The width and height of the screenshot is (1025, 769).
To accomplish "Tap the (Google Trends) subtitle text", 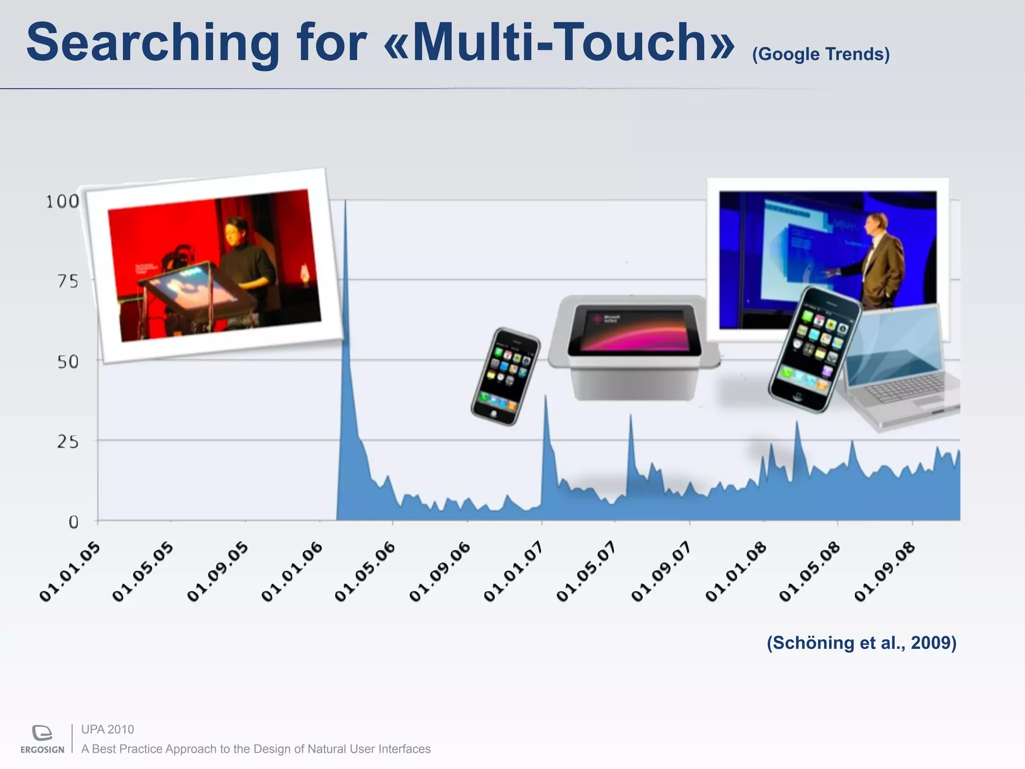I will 821,54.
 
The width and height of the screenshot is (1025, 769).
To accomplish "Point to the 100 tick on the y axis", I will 63,202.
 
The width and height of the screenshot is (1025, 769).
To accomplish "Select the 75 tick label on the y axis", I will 68,282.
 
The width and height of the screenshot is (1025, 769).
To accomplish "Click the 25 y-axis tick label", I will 68,442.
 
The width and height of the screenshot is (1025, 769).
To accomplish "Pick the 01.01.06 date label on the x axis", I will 292,572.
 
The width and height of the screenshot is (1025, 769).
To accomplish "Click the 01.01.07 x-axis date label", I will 514,572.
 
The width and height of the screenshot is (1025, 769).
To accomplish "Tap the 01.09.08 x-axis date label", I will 884,572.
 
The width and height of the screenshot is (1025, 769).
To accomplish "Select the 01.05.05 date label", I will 143,572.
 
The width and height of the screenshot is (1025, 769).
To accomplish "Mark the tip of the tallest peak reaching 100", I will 345,201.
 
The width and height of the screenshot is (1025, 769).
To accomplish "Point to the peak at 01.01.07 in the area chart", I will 546,397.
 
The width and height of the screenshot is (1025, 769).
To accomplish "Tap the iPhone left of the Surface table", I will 505,376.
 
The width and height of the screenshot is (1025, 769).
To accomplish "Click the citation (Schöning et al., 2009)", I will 861,642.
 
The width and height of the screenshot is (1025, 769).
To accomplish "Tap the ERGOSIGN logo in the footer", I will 43,739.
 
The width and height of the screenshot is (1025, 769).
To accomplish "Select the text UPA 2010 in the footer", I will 108,729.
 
